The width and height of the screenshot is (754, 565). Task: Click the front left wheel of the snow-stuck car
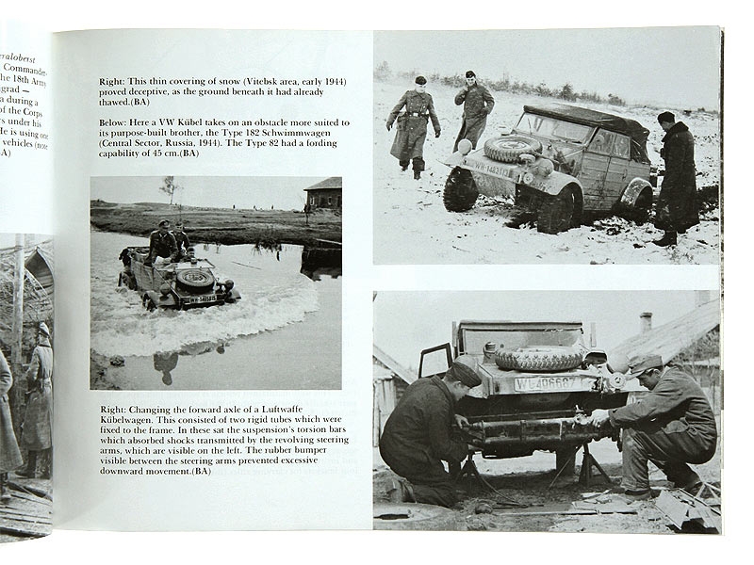point(461,190)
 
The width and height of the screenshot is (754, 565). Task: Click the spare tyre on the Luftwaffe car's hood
point(538,359)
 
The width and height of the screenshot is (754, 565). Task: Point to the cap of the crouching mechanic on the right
point(646,364)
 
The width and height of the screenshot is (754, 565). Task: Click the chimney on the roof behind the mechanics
point(646,322)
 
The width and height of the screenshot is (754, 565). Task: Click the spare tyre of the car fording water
point(196,277)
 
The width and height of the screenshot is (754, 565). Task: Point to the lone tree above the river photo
point(170,186)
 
